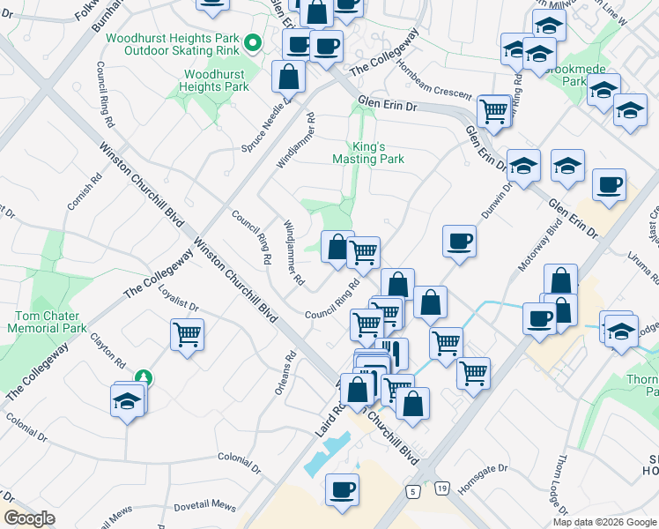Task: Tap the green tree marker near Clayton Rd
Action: coord(144,378)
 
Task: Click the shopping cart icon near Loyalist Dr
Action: coord(188,335)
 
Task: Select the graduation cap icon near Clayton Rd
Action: coord(129,401)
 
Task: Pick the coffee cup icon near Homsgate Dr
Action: coord(342,488)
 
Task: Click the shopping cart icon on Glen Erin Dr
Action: coord(494,112)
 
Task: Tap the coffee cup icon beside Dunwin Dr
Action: coord(459,241)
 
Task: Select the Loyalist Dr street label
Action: coord(179,305)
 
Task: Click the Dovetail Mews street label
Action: coord(205,506)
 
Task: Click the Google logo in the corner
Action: coord(29,518)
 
